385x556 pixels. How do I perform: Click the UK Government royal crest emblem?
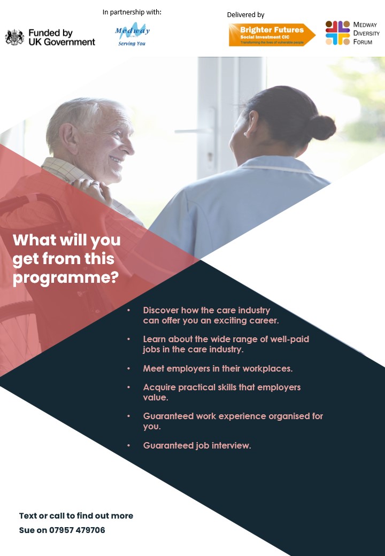[x=14, y=37]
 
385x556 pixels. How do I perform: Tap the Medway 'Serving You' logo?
[x=132, y=35]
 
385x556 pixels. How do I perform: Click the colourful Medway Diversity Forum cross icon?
[x=337, y=33]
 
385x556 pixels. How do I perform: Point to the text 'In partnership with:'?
[x=132, y=12]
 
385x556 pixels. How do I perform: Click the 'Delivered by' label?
[x=245, y=15]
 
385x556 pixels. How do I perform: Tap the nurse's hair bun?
[x=322, y=127]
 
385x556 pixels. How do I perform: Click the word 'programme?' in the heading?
[x=66, y=277]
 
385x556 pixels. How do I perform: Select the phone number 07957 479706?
[x=77, y=530]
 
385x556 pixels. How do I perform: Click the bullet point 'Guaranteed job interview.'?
[x=197, y=445]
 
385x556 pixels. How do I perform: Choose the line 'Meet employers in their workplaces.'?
[x=218, y=368]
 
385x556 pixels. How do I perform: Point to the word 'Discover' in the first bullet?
[x=160, y=310]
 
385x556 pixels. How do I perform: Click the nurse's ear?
[x=251, y=123]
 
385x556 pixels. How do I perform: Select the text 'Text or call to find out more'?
[x=76, y=515]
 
